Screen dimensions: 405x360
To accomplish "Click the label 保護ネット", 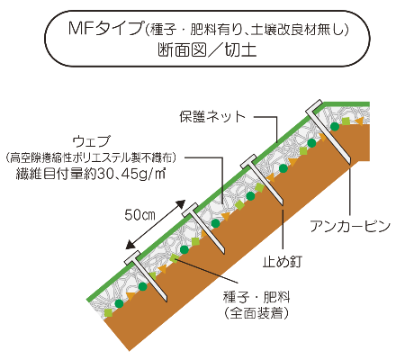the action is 212,116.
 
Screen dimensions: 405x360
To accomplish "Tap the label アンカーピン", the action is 350,226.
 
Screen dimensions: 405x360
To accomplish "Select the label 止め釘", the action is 283,261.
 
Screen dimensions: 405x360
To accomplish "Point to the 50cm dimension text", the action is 139,215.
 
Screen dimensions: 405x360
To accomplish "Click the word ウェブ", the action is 92,141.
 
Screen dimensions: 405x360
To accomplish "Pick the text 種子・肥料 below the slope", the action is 256,297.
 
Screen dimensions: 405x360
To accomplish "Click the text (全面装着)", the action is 256,313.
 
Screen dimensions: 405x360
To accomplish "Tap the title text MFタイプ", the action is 105,29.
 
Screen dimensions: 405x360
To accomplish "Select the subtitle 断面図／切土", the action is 207,49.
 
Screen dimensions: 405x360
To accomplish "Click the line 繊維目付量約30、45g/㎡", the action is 91,174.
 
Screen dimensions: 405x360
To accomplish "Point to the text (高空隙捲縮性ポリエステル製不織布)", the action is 91,157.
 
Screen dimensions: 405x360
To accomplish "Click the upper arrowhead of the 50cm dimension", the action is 181,204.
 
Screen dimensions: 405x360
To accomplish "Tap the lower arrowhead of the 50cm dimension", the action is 130,245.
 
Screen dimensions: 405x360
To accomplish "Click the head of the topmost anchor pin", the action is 314,107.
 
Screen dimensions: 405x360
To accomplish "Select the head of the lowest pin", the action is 132,257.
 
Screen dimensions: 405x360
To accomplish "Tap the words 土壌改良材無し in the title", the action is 296,30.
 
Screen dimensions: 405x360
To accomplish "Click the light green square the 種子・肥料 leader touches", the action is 174,258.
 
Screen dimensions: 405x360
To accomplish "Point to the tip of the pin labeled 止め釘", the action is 283,205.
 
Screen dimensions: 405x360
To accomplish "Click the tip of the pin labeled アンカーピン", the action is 350,164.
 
